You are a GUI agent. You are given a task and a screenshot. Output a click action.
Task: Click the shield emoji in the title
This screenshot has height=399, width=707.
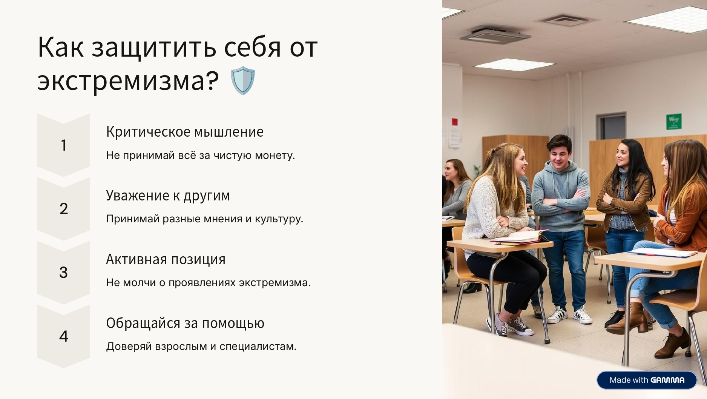point(243,80)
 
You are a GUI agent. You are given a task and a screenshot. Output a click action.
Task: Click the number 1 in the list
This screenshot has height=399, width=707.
point(64,145)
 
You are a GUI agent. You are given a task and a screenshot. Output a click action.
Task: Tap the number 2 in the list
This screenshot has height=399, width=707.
point(64,209)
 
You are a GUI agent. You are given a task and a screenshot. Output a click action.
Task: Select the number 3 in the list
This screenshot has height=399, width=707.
point(64,273)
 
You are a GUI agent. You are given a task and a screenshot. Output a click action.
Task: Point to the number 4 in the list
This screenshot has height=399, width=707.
point(64,336)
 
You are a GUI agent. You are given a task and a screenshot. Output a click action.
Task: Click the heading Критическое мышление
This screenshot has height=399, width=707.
point(185,132)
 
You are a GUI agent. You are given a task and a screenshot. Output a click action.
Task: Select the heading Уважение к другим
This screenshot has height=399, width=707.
point(168,196)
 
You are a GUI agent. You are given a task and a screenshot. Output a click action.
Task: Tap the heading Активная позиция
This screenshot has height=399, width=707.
point(166,259)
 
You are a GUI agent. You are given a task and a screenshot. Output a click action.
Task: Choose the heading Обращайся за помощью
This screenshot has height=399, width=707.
point(185,323)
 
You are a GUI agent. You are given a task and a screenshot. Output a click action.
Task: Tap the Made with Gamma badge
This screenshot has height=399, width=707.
point(647,380)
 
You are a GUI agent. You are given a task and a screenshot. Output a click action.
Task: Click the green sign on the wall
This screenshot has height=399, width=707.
point(673,122)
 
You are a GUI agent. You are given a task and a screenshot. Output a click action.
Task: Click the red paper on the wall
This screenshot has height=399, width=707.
point(455,122)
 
